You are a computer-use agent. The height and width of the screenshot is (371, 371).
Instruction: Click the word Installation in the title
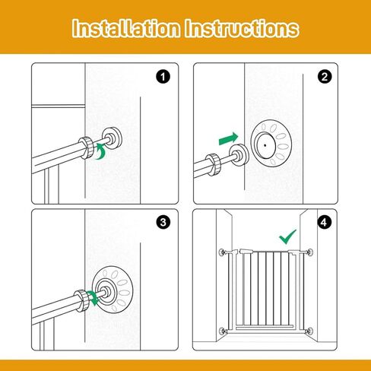pos(126,28)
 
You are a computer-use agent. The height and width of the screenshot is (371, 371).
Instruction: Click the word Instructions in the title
pos(242,28)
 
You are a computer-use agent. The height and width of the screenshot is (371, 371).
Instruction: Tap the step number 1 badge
pos(163,77)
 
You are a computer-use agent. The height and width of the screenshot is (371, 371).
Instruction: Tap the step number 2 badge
pos(325,77)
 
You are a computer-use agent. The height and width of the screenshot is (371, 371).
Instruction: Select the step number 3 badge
pos(163,223)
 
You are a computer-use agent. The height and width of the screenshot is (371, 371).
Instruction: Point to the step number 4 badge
pos(324,223)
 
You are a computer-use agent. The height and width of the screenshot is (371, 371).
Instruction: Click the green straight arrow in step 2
pos(229,139)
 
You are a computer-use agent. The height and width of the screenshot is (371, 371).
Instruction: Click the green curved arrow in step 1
pos(101,152)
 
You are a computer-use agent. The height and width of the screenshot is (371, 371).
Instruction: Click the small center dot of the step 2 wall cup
pos(265,145)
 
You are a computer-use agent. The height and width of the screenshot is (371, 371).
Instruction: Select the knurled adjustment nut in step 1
pos(86,147)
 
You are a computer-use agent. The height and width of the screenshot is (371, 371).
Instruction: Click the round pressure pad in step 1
pos(112,139)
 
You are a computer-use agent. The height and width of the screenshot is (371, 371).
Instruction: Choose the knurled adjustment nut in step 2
pos(214,164)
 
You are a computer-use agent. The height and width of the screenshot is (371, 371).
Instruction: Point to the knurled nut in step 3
pos(82,300)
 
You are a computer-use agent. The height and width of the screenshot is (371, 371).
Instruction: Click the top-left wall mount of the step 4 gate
pos(222,252)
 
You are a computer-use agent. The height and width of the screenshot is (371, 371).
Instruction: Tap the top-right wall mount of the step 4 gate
pos(309,252)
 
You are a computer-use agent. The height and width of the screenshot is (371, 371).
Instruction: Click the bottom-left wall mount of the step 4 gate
pos(222,331)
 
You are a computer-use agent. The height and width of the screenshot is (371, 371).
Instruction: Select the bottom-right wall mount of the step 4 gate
pos(309,331)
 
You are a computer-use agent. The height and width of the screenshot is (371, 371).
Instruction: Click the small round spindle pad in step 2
pos(239,155)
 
